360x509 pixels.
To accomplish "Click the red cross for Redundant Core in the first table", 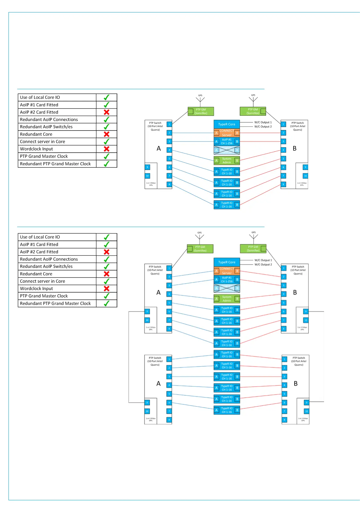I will [x=106, y=134].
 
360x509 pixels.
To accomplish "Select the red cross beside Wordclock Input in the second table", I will [x=106, y=289].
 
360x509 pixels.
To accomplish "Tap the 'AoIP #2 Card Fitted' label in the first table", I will [x=39, y=112].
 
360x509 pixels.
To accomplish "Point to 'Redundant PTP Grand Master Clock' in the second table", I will [x=55, y=303].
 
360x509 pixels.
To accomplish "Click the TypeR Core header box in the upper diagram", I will [x=227, y=124].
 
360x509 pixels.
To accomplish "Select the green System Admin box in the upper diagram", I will [x=227, y=160].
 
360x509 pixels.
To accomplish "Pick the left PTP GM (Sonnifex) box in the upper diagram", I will [x=201, y=112].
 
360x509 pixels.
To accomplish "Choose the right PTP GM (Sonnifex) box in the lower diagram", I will [x=253, y=249].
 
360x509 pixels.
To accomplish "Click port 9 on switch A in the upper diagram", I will [x=148, y=167].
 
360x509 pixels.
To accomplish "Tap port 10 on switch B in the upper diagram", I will [x=305, y=176].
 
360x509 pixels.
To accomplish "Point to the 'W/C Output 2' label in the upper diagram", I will [x=263, y=127].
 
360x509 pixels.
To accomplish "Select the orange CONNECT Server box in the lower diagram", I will [x=227, y=271].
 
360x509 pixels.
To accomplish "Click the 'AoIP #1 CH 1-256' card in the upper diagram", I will [x=227, y=141].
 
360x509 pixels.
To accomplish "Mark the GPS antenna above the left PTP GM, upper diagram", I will [x=200, y=99].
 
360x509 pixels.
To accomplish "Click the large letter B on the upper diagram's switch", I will [x=295, y=148].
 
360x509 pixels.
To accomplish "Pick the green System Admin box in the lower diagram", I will [x=227, y=299].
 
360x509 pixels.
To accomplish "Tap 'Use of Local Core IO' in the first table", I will [x=40, y=97].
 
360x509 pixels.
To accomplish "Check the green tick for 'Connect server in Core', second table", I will [x=106, y=281].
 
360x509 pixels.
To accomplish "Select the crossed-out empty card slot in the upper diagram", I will [x=227, y=150].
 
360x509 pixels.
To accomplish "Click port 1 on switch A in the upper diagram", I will [x=169, y=124].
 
